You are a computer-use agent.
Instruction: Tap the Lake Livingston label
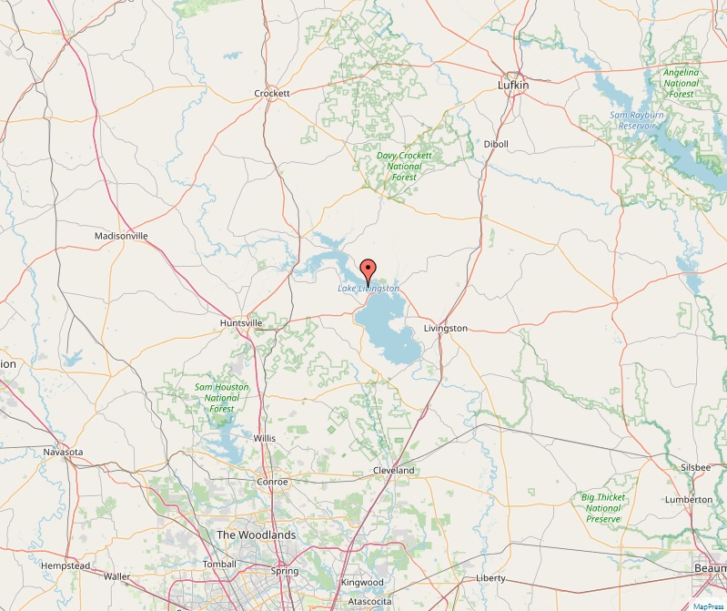click(x=369, y=289)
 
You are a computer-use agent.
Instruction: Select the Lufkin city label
click(x=513, y=85)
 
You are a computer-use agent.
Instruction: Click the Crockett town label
click(x=271, y=94)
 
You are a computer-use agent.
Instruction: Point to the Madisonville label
click(x=121, y=237)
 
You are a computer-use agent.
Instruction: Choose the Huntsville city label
click(x=242, y=323)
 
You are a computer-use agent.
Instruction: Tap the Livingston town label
click(x=446, y=328)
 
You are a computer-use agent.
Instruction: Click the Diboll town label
click(x=496, y=145)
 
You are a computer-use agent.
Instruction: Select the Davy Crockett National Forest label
click(x=404, y=167)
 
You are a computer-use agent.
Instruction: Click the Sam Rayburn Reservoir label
click(x=637, y=120)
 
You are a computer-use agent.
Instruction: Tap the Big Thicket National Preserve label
click(x=603, y=508)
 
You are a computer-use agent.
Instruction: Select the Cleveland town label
click(x=394, y=471)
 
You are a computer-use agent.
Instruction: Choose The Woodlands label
click(x=256, y=535)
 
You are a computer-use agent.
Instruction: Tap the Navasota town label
click(x=64, y=452)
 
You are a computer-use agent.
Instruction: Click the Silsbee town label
click(x=696, y=467)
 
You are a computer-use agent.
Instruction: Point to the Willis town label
click(x=265, y=438)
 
